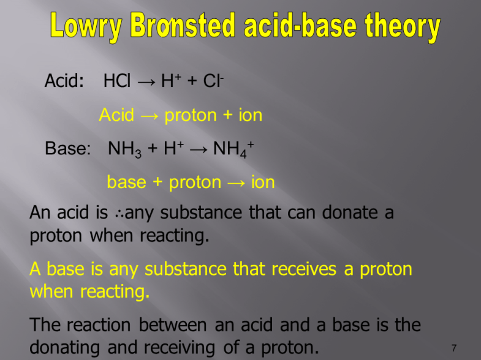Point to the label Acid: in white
[x=64, y=81]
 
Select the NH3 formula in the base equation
[x=124, y=149]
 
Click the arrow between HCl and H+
[x=147, y=81]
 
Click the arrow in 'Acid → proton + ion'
[x=148, y=115]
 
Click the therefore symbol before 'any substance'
[x=119, y=213]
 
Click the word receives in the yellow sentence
[x=297, y=269]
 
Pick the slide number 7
[x=454, y=348]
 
